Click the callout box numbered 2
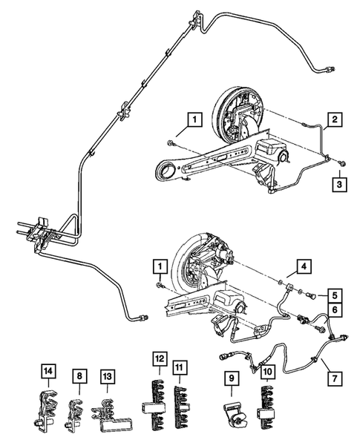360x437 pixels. click(336, 119)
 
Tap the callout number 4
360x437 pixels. click(304, 266)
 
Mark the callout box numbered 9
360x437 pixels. click(232, 378)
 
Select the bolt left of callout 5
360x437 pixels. click(310, 295)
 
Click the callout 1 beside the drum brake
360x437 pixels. click(194, 119)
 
